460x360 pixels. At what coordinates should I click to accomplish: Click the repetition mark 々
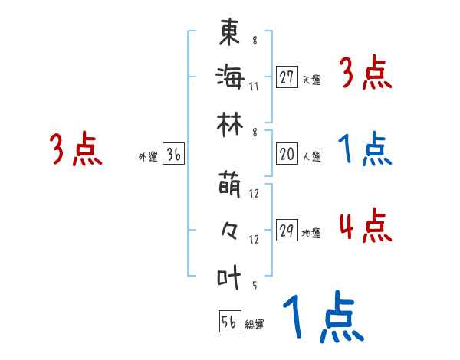[229, 230]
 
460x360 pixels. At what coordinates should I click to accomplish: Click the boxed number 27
[287, 77]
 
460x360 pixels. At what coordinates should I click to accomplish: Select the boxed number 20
[287, 154]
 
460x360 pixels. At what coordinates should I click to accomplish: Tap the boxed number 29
[287, 231]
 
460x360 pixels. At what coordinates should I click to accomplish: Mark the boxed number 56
[229, 322]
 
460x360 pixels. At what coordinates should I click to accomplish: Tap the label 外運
[147, 157]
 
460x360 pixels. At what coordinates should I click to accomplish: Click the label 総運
[255, 325]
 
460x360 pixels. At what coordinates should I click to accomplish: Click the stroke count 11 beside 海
[254, 86]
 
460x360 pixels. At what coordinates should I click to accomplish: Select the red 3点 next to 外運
[76, 151]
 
